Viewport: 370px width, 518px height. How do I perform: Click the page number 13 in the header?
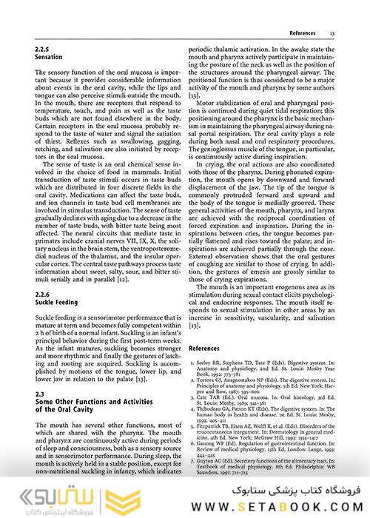coord(333,34)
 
